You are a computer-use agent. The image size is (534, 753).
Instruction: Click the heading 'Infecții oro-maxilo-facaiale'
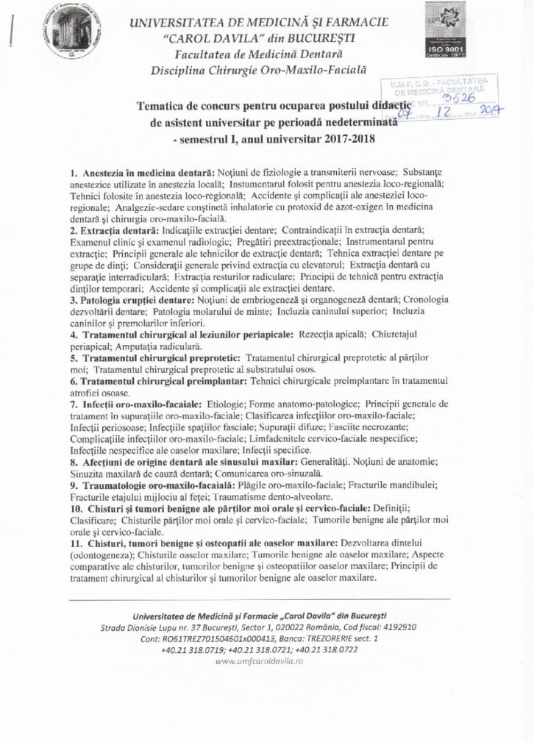click(x=135, y=404)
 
